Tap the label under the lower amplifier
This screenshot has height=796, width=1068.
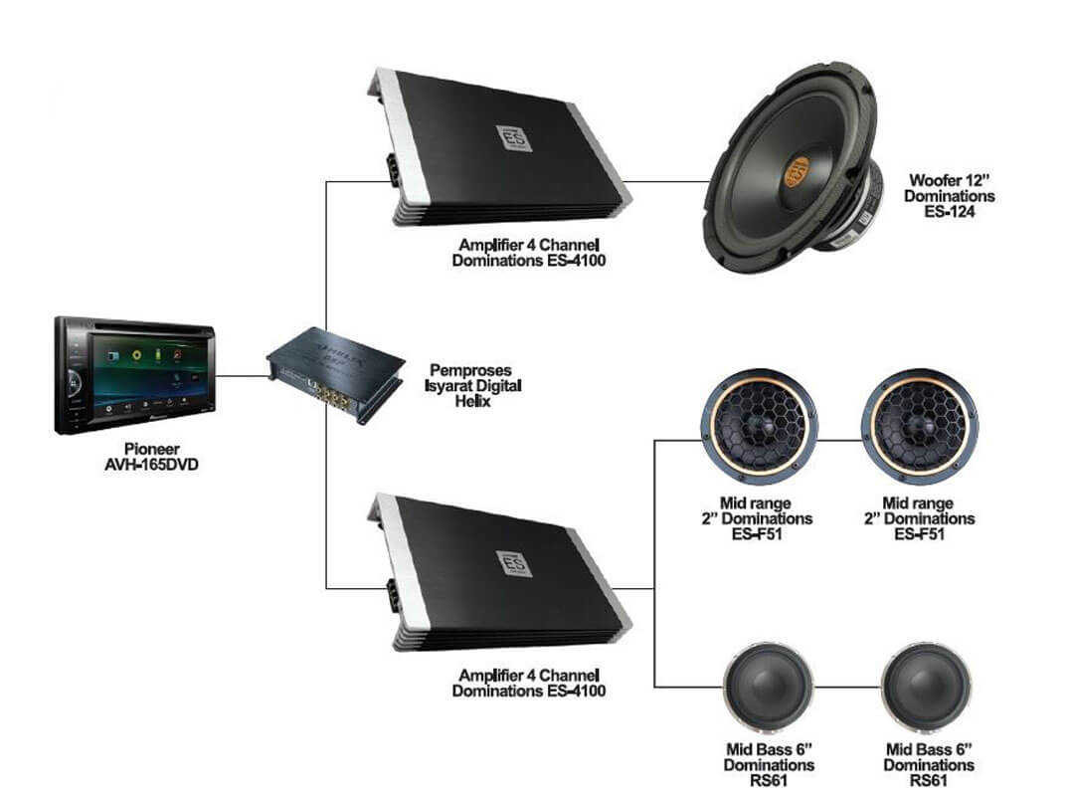click(528, 683)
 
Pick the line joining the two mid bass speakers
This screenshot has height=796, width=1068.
click(846, 688)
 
